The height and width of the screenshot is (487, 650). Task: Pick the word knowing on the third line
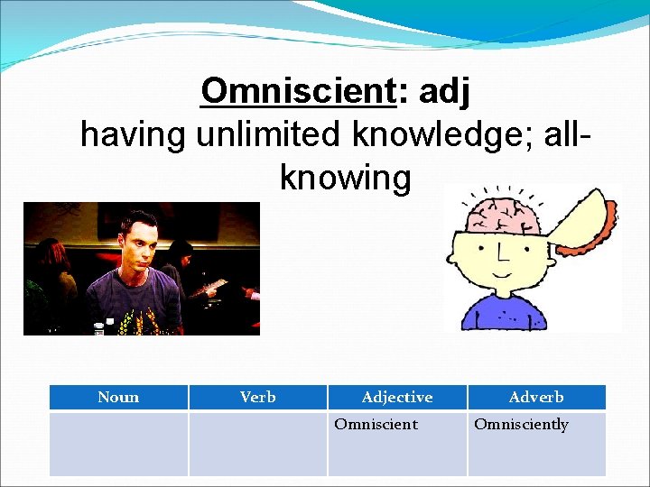click(346, 178)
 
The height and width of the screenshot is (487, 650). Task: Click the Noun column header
click(118, 397)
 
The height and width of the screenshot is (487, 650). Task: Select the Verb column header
click(258, 397)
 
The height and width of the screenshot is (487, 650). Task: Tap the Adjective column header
click(397, 397)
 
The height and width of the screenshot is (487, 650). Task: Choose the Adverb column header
click(536, 397)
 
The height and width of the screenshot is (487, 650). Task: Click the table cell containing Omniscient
click(397, 443)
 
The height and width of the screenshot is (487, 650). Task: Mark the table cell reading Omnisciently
click(536, 443)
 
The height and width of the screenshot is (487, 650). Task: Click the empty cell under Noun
click(118, 443)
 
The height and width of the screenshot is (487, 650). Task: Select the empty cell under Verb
click(258, 443)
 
